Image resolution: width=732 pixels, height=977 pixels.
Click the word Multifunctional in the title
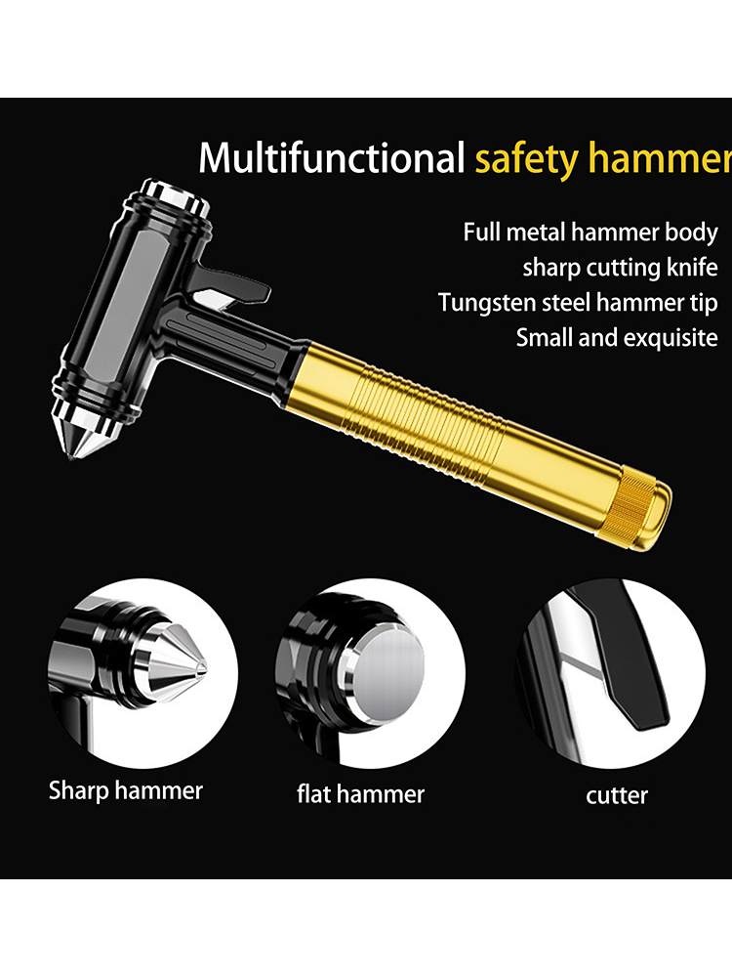pyautogui.click(x=332, y=157)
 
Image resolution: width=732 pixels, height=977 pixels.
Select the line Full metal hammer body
pyautogui.click(x=590, y=233)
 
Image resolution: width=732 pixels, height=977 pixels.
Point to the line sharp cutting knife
pyautogui.click(x=620, y=268)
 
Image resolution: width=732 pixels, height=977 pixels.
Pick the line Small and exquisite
pyautogui.click(x=617, y=338)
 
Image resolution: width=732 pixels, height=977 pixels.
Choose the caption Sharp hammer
pyautogui.click(x=126, y=790)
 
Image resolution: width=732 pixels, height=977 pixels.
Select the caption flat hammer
pyautogui.click(x=360, y=794)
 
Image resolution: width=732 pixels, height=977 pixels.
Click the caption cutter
pyautogui.click(x=617, y=795)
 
